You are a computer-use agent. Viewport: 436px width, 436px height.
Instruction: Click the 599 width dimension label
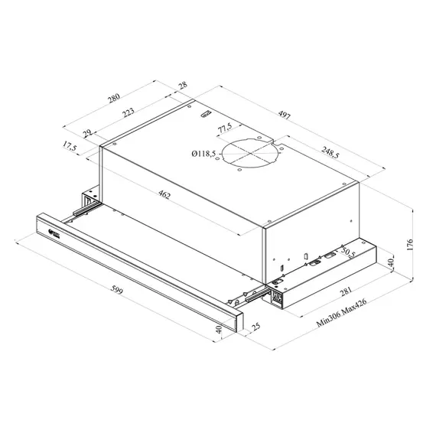(116, 291)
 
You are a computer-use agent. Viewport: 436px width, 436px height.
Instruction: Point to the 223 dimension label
(128, 112)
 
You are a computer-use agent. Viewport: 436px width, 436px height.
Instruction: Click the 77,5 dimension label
(224, 127)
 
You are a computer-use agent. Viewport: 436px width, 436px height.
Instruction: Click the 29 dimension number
(86, 135)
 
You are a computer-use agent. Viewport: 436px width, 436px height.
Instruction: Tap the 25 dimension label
(252, 328)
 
